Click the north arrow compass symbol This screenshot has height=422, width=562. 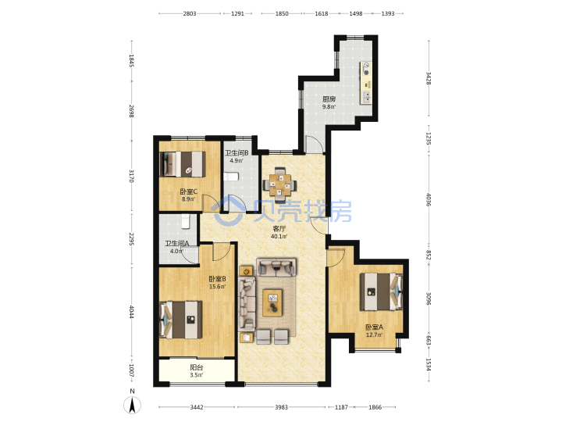tap(132, 405)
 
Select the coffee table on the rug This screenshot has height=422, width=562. tap(272, 302)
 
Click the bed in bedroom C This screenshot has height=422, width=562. tap(183, 164)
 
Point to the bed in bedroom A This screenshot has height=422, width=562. tap(381, 291)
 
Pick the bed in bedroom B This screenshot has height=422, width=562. tap(181, 320)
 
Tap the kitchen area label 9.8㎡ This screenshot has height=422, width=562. tap(329, 106)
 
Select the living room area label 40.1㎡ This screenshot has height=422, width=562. tap(279, 236)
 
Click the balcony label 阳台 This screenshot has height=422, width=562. tap(197, 367)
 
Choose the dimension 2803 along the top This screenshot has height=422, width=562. tap(190, 13)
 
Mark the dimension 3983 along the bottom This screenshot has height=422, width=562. tap(281, 407)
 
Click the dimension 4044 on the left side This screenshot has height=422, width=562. tap(132, 312)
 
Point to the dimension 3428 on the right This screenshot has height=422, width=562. tap(429, 78)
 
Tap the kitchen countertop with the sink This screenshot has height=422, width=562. tap(366, 83)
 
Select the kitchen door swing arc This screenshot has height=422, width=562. tap(314, 145)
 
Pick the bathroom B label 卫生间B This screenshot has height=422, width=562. tap(237, 153)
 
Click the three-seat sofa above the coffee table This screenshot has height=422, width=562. tap(276, 267)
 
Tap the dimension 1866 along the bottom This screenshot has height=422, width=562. tap(375, 407)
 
